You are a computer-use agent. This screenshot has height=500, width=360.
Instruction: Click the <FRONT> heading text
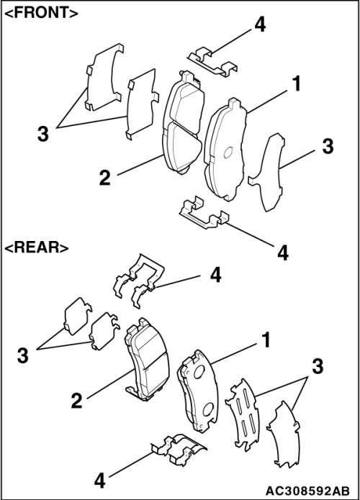(42, 13)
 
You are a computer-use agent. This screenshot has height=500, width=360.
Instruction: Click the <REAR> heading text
(37, 247)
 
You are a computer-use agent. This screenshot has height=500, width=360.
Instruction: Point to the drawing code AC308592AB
(307, 490)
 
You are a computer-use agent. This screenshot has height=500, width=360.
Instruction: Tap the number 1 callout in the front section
(297, 84)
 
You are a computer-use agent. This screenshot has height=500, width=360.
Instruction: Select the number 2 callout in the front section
(105, 178)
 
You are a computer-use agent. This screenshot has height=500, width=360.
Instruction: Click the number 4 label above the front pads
(260, 24)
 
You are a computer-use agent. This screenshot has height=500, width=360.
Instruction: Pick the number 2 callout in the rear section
(76, 401)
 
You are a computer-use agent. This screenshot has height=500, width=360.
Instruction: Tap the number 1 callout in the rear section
(266, 340)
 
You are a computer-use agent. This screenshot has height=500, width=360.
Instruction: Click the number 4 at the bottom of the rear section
(100, 481)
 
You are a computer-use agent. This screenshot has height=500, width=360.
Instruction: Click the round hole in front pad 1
(228, 153)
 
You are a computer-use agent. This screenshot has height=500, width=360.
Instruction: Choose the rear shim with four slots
(243, 414)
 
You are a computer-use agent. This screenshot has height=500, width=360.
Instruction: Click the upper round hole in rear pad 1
(199, 371)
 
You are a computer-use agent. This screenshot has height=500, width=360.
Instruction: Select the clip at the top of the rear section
(139, 280)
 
